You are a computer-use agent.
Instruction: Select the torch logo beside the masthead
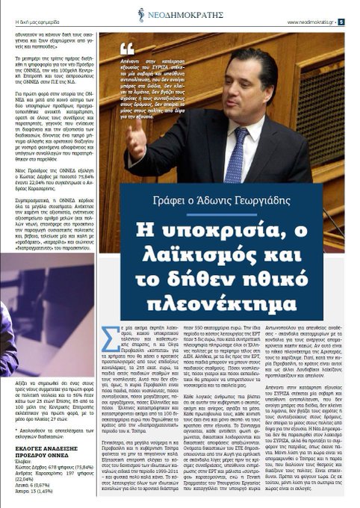(x=141, y=14)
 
